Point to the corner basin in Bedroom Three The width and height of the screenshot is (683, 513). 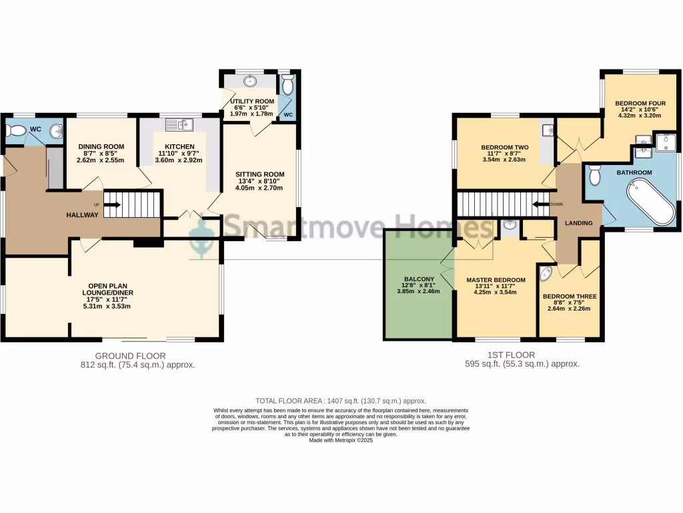point(546,274)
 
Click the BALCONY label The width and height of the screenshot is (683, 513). point(419,279)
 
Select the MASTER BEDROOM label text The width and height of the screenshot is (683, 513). point(496,280)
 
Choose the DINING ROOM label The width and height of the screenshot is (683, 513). point(101,147)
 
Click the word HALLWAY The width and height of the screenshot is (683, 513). point(82,214)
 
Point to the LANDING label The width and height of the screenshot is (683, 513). point(578,223)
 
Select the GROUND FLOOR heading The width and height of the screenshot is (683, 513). point(130,355)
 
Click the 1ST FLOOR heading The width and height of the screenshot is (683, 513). point(522,355)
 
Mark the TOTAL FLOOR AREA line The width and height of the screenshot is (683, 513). point(341,400)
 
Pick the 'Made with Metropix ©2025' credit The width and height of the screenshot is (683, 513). point(341,440)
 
